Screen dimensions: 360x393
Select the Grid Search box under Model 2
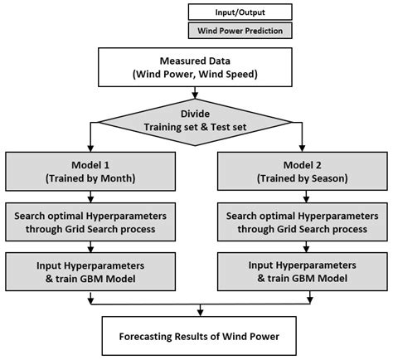[x=303, y=221]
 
